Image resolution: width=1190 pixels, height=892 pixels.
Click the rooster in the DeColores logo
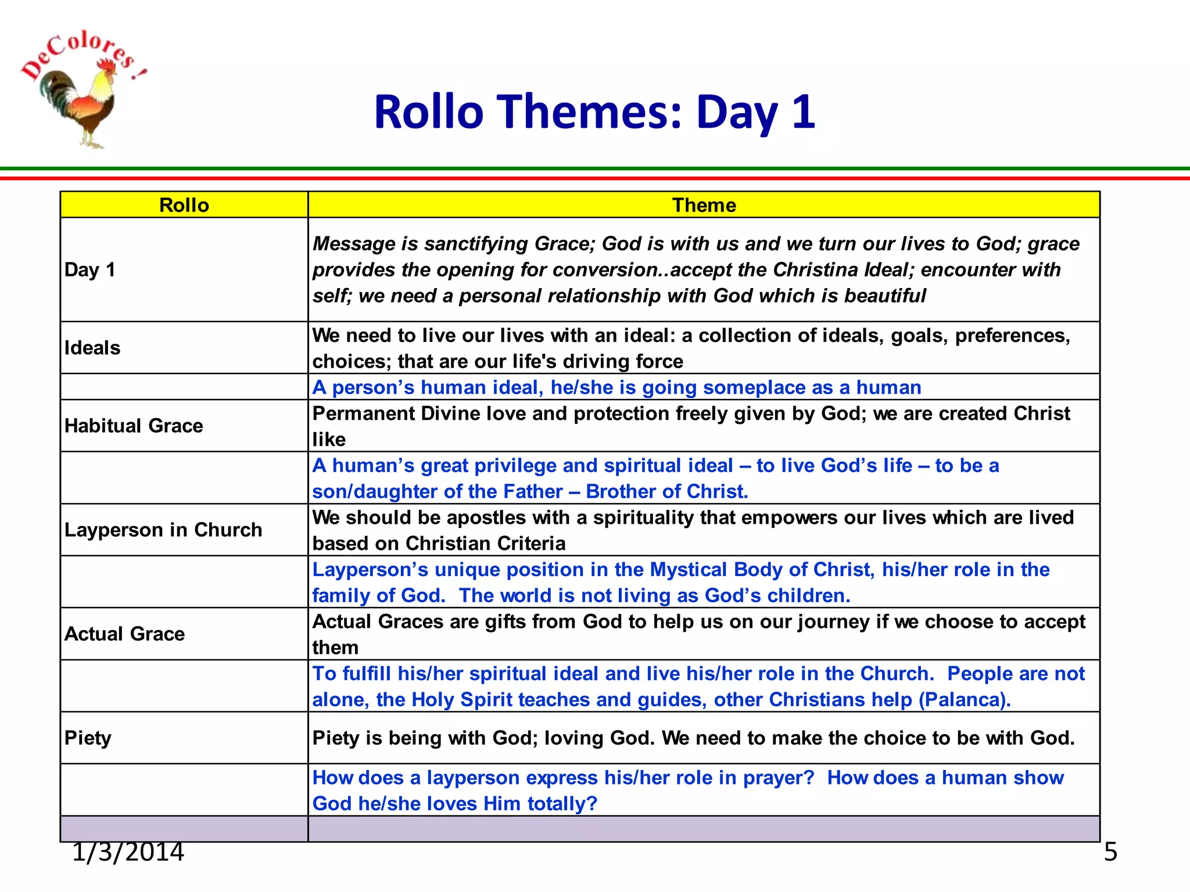tap(81, 105)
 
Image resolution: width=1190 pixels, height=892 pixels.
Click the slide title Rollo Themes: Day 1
tap(594, 111)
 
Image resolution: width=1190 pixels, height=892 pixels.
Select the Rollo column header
tap(184, 205)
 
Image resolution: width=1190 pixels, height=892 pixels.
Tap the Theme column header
tap(704, 205)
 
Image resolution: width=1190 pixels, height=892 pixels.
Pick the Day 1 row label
tap(90, 269)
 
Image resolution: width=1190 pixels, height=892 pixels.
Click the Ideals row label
tap(92, 348)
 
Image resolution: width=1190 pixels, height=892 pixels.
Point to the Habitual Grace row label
tap(134, 426)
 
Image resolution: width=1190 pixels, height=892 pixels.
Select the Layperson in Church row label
tap(163, 530)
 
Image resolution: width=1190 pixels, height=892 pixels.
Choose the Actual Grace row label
tap(124, 634)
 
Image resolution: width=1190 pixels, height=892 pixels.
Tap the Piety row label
tap(88, 738)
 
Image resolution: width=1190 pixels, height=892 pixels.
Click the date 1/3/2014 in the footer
tap(128, 852)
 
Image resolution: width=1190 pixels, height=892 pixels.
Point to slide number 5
tap(1110, 852)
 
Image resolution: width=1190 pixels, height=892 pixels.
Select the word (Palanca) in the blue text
tap(965, 700)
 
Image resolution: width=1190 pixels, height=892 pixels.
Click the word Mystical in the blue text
tap(689, 570)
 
